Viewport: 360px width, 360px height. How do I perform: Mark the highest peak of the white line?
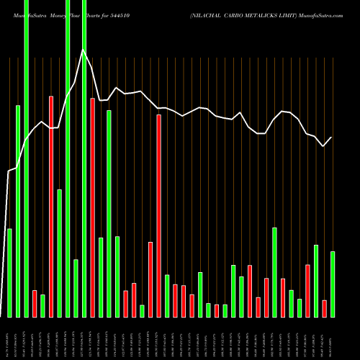click(84, 50)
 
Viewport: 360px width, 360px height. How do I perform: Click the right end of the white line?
click(332, 138)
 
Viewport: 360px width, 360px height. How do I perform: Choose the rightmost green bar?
click(332, 284)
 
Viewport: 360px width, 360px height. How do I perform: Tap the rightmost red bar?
click(324, 308)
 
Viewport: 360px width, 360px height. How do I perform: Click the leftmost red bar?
click(35, 303)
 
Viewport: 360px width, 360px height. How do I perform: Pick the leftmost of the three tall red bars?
click(51, 206)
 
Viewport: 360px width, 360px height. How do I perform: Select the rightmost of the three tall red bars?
click(159, 215)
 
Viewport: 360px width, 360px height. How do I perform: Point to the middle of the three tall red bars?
click(93, 207)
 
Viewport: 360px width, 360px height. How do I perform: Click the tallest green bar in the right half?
click(274, 272)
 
